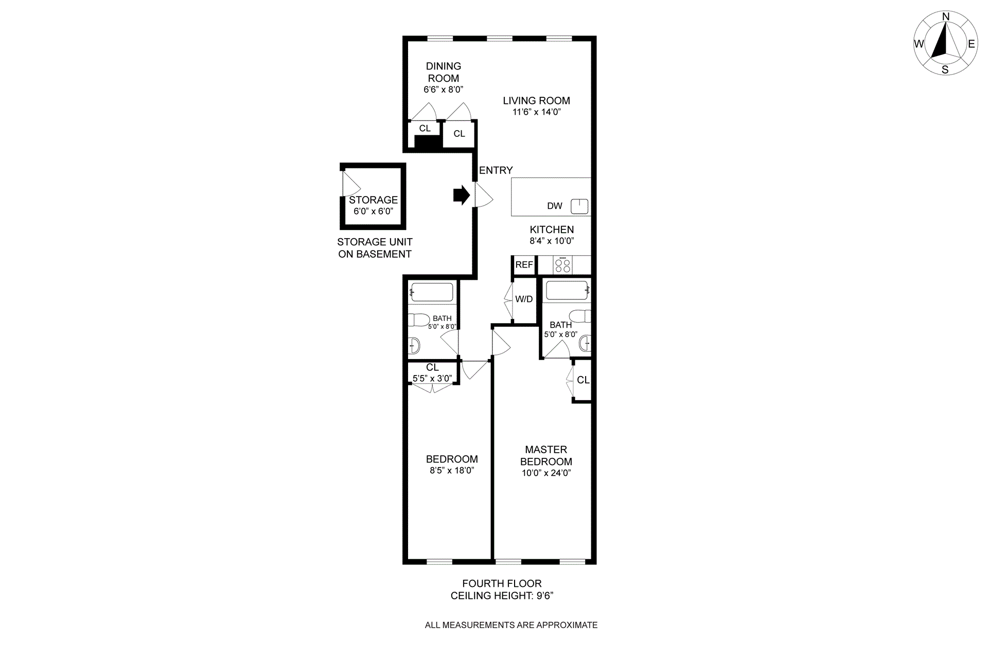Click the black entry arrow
(461, 195)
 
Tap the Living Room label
(536, 101)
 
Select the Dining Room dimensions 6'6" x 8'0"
(443, 90)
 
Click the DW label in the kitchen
(554, 206)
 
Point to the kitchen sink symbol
(579, 206)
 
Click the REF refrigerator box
(524, 265)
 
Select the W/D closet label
(524, 299)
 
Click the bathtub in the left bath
(432, 292)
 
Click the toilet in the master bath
(580, 316)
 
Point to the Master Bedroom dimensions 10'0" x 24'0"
(546, 473)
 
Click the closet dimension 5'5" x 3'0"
(432, 379)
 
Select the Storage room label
(373, 200)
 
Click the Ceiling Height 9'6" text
(502, 596)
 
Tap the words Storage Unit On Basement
(375, 248)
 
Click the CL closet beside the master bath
(583, 380)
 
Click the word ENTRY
(496, 170)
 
